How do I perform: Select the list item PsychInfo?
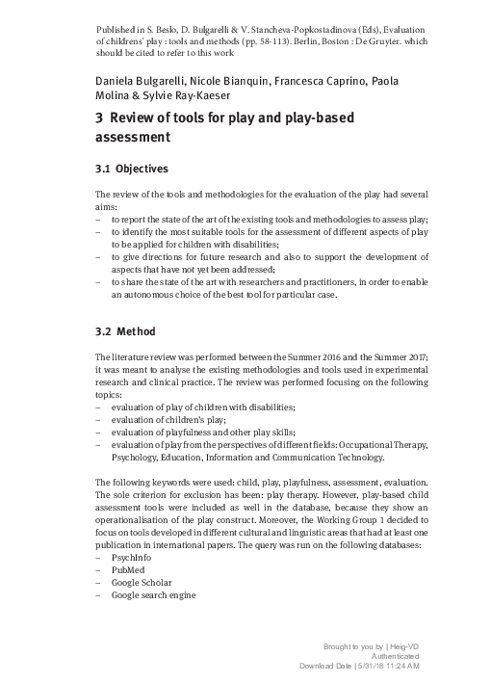coord(132,558)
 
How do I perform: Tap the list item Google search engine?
coord(154,595)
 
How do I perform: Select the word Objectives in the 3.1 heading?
coord(142,169)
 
